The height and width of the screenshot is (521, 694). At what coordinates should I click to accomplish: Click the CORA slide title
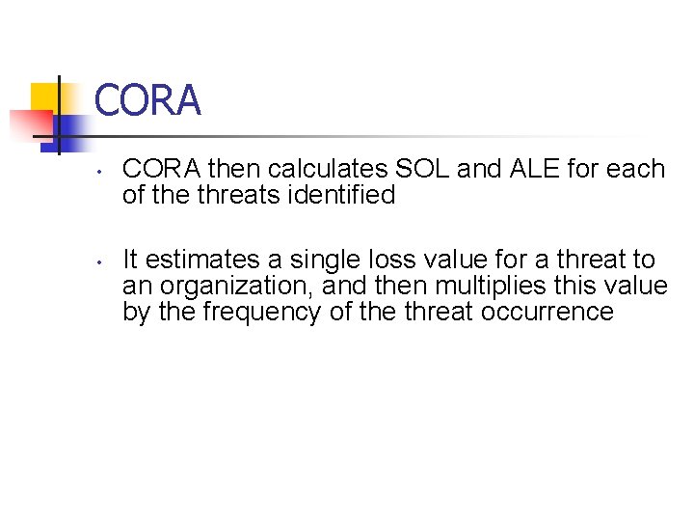click(x=147, y=100)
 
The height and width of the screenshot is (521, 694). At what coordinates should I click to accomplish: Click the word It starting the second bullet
click(x=130, y=260)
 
